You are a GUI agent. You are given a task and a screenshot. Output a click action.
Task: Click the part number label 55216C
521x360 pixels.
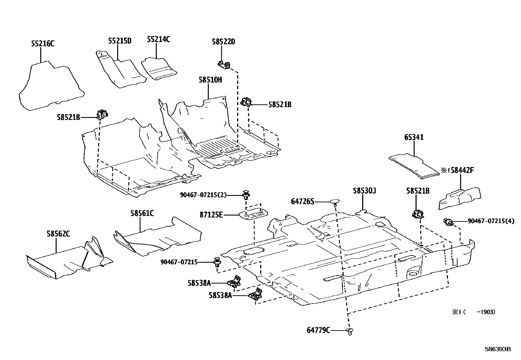point(43,43)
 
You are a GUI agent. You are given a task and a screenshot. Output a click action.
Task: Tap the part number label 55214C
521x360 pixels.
point(158,40)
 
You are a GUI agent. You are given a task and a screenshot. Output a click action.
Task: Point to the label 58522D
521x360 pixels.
point(224,42)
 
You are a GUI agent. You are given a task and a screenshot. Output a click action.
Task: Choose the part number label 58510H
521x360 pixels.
point(210,80)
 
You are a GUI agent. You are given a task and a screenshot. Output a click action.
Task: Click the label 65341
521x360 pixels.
point(414,137)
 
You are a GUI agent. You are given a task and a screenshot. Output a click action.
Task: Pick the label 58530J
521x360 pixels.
point(364,191)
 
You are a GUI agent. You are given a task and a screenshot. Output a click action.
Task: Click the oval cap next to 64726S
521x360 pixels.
point(335,200)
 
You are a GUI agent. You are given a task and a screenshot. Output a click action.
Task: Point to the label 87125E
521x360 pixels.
point(211,215)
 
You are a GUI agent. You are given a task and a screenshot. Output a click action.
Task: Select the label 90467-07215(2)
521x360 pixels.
point(203,195)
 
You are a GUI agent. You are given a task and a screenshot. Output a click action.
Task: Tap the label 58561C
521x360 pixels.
point(142,214)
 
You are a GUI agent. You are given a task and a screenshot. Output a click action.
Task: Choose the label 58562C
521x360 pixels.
point(58,234)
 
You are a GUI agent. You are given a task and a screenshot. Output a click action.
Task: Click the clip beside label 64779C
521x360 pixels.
point(350,331)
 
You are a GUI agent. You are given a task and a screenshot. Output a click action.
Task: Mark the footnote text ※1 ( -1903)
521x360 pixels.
point(474,312)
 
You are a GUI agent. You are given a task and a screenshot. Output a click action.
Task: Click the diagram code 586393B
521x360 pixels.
point(498,349)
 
